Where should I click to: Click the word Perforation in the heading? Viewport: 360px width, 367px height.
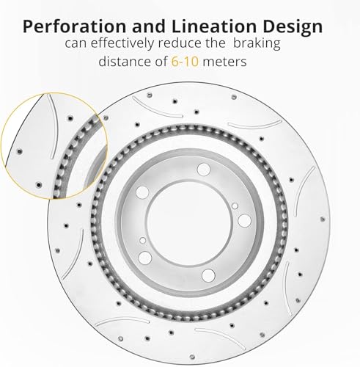tap(74, 27)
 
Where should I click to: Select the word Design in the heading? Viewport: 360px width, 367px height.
tap(293, 27)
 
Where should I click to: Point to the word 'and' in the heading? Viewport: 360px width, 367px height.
tap(149, 26)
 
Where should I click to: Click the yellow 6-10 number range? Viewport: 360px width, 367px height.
tap(185, 61)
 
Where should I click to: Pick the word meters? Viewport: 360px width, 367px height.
tap(224, 62)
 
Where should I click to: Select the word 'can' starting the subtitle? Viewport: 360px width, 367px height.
tap(76, 44)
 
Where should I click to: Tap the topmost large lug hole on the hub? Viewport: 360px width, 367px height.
tap(204, 170)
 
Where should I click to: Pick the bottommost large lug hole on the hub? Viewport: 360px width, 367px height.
tap(208, 275)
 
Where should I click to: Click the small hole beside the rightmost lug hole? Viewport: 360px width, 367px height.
tap(235, 206)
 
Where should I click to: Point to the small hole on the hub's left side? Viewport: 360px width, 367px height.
tap(143, 240)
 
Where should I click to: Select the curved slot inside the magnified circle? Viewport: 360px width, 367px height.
tap(54, 126)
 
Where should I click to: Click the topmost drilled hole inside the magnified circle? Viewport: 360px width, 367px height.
tap(70, 118)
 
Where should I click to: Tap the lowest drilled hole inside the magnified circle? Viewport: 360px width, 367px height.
tap(39, 184)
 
